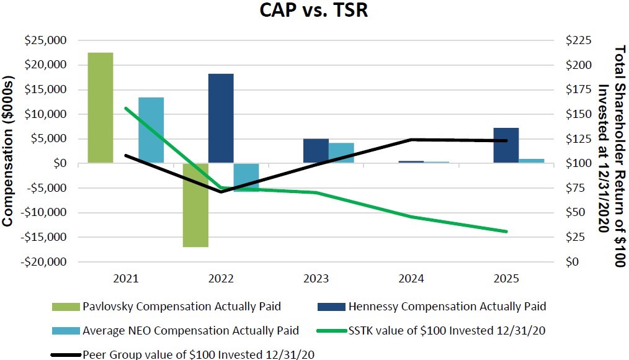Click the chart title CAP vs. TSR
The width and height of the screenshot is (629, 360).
click(x=314, y=11)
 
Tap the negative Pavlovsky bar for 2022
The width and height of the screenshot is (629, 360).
click(x=195, y=205)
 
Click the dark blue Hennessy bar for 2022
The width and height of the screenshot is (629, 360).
click(x=221, y=119)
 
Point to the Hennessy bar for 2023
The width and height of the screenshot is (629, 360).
click(x=316, y=151)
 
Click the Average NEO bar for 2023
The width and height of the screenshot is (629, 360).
click(x=341, y=153)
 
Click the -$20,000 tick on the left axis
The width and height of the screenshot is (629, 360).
click(x=44, y=262)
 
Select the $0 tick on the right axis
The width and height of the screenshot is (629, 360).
click(x=574, y=262)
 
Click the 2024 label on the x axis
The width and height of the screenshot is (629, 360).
click(x=411, y=279)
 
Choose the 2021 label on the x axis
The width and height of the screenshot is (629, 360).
click(x=126, y=279)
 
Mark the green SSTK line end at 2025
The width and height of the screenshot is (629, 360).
click(x=506, y=232)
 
